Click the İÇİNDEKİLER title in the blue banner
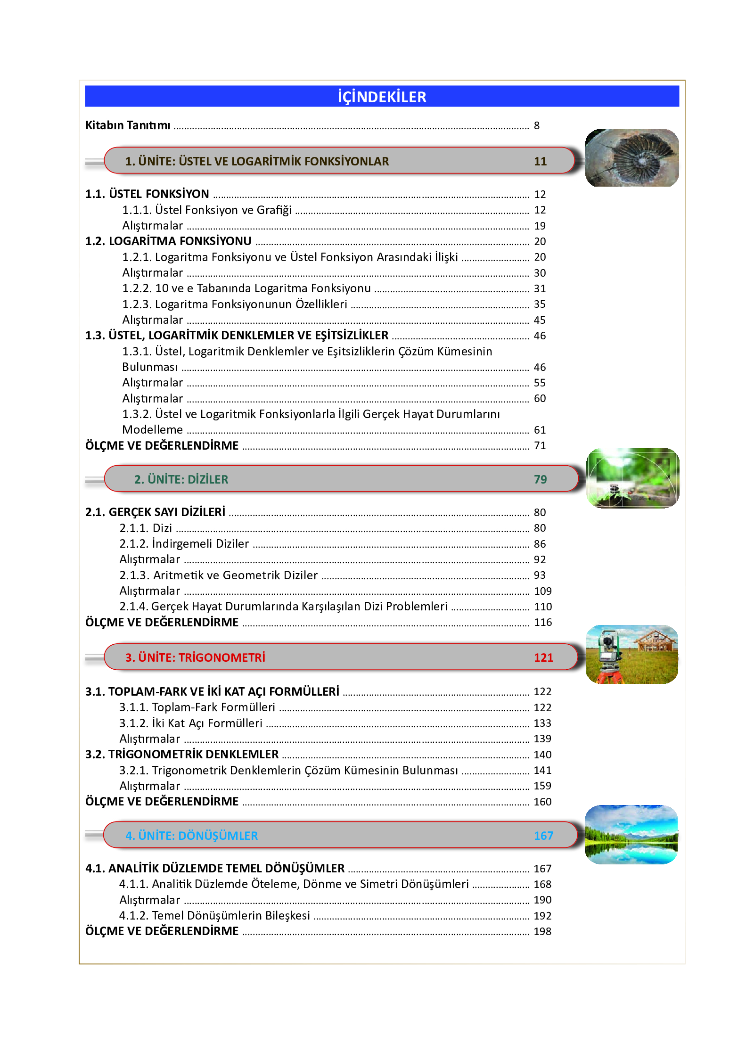point(382,97)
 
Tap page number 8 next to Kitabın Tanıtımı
point(536,125)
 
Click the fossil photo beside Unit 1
point(631,157)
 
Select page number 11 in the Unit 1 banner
point(540,161)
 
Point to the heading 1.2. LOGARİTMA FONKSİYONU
point(168,241)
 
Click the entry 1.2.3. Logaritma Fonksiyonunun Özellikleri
point(234,304)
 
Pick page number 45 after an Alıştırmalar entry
point(540,320)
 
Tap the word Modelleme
point(152,430)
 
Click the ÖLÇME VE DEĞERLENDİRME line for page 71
point(162,446)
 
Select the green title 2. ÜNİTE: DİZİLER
point(181,479)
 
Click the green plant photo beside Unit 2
point(632,478)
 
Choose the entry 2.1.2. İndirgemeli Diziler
point(184,544)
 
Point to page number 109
point(542,591)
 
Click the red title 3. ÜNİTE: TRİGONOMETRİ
point(195,657)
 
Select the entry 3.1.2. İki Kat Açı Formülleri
point(190,723)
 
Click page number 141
point(542,771)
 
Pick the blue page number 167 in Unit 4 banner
point(543,836)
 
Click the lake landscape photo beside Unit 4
point(631,834)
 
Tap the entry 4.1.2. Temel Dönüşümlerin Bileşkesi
point(214,916)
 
